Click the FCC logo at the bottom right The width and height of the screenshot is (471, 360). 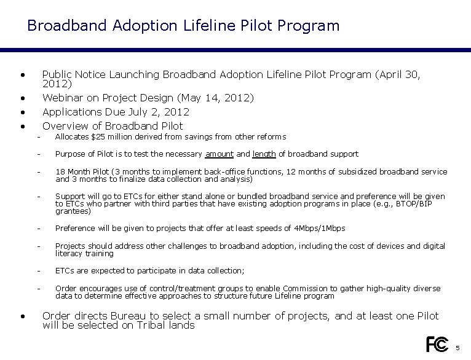[x=437, y=345]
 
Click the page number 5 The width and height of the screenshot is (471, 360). [x=457, y=348]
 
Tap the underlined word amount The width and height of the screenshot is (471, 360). [x=219, y=154]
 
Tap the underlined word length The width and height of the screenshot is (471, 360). [x=264, y=154]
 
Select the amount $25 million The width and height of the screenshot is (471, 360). [x=108, y=137]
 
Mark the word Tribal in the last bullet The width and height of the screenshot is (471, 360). [x=119, y=325]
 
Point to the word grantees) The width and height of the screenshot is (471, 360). [x=73, y=211]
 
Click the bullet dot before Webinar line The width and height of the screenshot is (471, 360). [x=22, y=98]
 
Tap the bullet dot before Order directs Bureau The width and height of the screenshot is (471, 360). [x=22, y=316]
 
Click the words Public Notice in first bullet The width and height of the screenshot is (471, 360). [x=74, y=75]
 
